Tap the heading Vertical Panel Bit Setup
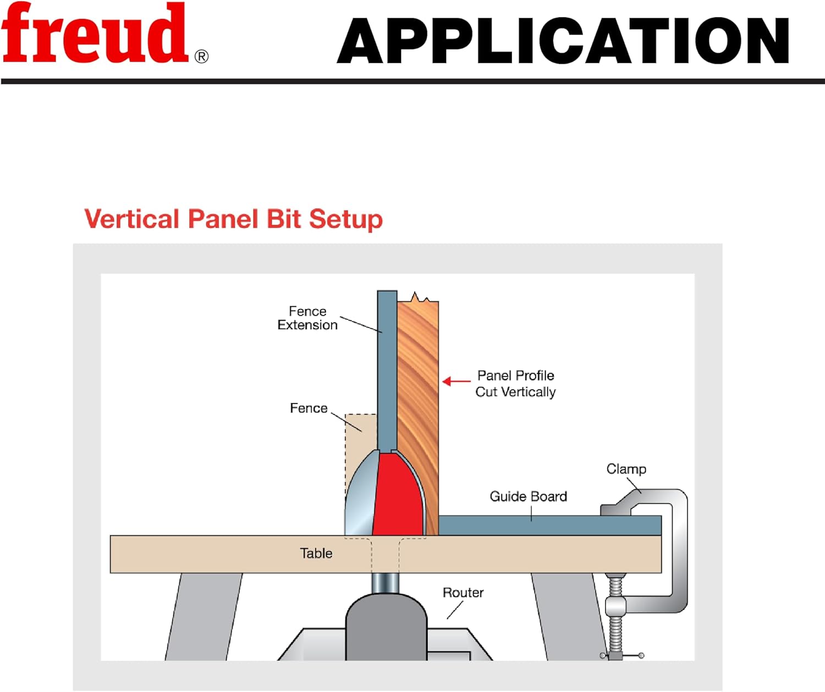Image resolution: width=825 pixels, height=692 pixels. click(x=233, y=219)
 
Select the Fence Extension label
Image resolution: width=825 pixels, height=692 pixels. click(x=307, y=318)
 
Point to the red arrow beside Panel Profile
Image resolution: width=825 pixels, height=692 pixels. click(x=456, y=381)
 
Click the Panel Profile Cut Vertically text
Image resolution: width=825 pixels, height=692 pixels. click(x=515, y=384)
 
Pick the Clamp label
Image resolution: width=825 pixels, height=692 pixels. click(x=626, y=469)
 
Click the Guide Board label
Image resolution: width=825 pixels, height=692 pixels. click(x=528, y=496)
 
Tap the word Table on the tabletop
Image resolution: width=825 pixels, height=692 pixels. click(x=316, y=553)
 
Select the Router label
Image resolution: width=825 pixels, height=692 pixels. click(x=463, y=593)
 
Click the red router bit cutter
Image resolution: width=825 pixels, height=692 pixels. click(x=397, y=495)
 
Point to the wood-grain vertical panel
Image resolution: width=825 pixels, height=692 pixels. click(x=418, y=385)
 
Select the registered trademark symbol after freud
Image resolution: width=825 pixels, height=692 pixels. click(x=202, y=57)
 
